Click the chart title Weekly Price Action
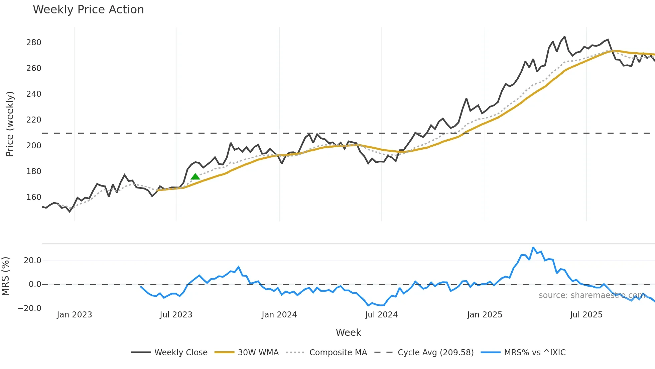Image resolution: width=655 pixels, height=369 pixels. (x=88, y=10)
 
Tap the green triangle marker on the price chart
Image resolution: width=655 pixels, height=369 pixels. (x=195, y=176)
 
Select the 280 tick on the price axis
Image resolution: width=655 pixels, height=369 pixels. (x=34, y=43)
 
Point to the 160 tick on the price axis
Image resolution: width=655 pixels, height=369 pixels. (x=34, y=197)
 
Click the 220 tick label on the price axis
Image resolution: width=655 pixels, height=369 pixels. (x=34, y=120)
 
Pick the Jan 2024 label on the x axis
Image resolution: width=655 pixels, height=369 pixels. (x=279, y=315)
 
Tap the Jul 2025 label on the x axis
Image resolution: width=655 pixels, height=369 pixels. (x=586, y=315)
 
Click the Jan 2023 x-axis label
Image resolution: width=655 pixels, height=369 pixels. (x=74, y=315)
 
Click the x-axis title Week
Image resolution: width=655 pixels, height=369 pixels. (x=348, y=333)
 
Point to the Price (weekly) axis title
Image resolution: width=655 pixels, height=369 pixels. (x=10, y=124)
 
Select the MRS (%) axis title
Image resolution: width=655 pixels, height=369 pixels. (x=5, y=276)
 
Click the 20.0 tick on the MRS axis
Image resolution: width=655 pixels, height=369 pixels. (x=32, y=261)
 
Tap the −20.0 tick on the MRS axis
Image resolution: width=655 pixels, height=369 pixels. (x=29, y=308)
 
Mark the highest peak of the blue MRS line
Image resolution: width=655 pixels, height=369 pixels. (x=533, y=248)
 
